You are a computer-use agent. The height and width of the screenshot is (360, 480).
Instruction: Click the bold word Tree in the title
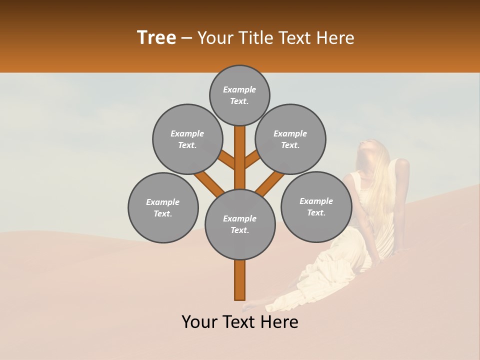click(156, 38)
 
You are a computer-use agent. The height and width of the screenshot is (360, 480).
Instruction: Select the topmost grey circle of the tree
click(239, 95)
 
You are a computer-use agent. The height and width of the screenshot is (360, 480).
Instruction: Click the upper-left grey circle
click(187, 139)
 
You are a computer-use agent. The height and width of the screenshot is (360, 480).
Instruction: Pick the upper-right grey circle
click(290, 139)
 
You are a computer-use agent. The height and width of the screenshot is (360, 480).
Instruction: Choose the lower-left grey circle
click(163, 207)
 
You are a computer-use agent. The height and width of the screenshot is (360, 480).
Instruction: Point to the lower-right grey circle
click(316, 206)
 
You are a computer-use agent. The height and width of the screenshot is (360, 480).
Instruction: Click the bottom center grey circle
click(240, 224)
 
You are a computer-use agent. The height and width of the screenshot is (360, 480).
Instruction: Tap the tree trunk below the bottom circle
click(239, 280)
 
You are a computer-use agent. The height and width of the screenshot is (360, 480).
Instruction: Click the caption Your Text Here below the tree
click(240, 322)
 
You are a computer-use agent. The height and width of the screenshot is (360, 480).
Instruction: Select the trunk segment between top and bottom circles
click(239, 157)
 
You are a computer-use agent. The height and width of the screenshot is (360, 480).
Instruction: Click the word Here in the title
click(336, 38)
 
